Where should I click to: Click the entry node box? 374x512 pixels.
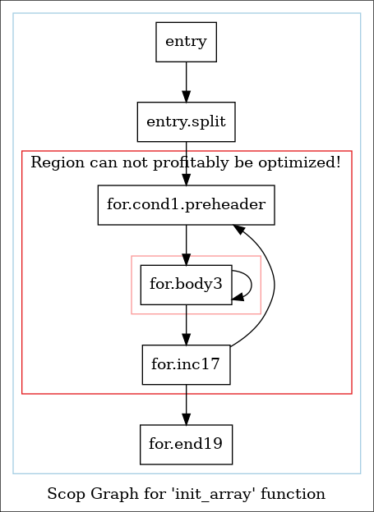187,42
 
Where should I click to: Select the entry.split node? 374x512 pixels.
187,121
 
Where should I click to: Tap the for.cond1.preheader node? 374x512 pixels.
187,205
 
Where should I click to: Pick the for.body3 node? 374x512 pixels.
187,285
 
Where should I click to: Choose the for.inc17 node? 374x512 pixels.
187,365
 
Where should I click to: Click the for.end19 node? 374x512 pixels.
187,445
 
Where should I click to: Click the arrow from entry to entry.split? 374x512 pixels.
187,82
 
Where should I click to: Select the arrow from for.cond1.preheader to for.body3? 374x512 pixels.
187,245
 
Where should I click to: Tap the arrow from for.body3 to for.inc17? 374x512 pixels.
187,325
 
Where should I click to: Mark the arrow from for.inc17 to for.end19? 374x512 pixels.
187,405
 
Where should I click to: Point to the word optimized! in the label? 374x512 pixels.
299,162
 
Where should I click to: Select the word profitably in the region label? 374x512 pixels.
191,162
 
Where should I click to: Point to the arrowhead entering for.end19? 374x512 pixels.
187,419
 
